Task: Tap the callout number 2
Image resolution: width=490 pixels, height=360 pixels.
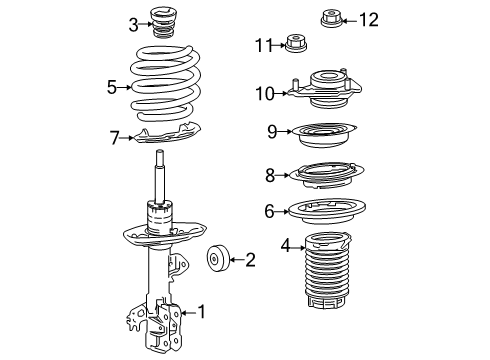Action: tap(249, 261)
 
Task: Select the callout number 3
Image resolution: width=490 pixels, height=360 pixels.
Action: tap(132, 23)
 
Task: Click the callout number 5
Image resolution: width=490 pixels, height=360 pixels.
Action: tap(112, 87)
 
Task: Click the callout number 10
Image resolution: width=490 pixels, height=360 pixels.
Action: tap(264, 93)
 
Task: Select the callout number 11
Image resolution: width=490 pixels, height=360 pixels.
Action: tap(264, 44)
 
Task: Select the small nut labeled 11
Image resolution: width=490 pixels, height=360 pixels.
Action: tap(296, 42)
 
